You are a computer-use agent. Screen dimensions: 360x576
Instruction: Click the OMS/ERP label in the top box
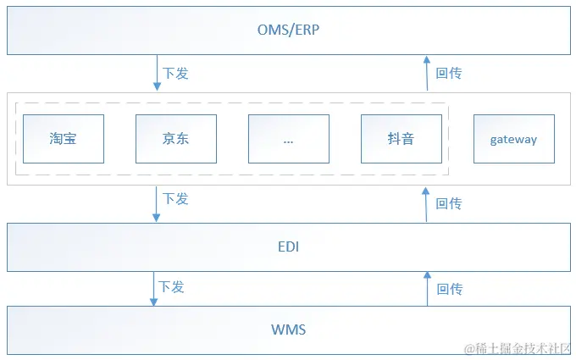[x=288, y=30]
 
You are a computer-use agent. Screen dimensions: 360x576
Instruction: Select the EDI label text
[x=288, y=247]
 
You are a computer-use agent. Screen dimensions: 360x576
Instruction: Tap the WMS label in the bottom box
[x=288, y=330]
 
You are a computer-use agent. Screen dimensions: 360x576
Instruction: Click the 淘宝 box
[x=64, y=139]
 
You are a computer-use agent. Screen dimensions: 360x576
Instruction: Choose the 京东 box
[x=176, y=139]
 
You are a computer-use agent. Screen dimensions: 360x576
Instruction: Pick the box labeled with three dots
[x=289, y=139]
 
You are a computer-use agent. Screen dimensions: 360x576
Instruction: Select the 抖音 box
[x=402, y=139]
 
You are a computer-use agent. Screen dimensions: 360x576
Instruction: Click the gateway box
[x=513, y=139]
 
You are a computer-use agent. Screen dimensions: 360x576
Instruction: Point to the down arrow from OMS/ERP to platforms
[x=157, y=74]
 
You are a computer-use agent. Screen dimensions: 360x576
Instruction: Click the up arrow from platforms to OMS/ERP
[x=427, y=74]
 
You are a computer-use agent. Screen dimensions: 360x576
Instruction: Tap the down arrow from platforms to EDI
[x=157, y=204]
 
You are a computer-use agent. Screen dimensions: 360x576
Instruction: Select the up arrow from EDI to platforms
[x=427, y=204]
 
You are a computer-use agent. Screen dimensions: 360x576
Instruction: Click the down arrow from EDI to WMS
[x=157, y=289]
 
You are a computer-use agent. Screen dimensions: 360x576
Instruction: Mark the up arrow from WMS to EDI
[x=427, y=289]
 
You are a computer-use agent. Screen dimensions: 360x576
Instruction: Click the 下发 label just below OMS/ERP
[x=175, y=74]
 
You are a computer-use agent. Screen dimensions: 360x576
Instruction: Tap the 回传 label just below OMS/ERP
[x=449, y=74]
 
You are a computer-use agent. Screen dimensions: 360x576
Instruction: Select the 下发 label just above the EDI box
[x=175, y=198]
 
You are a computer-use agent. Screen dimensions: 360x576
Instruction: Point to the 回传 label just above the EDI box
[x=449, y=203]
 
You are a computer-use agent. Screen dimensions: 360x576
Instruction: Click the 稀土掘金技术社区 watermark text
[x=519, y=348]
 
